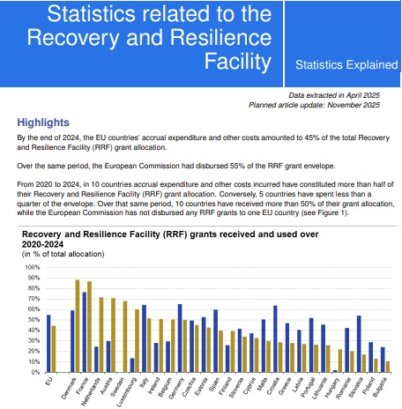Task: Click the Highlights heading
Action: (x=43, y=123)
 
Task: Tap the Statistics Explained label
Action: (x=346, y=65)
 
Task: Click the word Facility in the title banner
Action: (x=238, y=61)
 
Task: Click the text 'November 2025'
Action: (x=354, y=105)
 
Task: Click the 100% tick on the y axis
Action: (x=33, y=267)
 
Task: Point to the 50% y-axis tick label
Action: (x=33, y=320)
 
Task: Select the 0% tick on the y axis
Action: (x=35, y=372)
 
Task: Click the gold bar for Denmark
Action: (x=78, y=326)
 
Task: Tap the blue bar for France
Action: (x=85, y=332)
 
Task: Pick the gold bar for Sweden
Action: (x=125, y=337)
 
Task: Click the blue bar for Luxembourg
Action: (x=132, y=365)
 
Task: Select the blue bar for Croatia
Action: (x=275, y=339)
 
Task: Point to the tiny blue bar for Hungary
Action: (x=335, y=371)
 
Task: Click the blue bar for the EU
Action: (x=48, y=344)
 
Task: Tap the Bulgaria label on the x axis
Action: (x=380, y=387)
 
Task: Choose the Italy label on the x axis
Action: (x=144, y=382)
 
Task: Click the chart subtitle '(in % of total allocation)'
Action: (x=63, y=254)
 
